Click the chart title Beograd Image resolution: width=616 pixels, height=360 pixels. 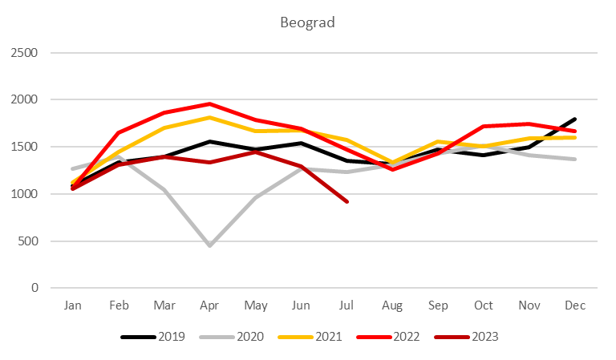click(x=307, y=22)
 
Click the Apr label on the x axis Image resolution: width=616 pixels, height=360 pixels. click(x=209, y=305)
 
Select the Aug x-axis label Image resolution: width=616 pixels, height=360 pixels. click(x=392, y=305)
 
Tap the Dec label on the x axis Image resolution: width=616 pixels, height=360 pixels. click(x=574, y=305)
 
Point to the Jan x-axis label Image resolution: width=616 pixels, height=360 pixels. click(x=72, y=305)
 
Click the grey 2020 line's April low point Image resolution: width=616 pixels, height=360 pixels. click(x=209, y=245)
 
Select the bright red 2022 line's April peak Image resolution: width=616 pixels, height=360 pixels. click(x=209, y=104)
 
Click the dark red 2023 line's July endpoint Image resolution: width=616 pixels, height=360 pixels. click(x=346, y=201)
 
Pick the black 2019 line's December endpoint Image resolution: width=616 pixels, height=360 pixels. click(x=574, y=119)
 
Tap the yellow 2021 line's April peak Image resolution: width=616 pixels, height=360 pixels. click(x=209, y=118)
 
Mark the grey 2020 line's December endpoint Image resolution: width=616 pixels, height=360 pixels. click(x=574, y=159)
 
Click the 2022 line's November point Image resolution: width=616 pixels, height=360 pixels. click(x=529, y=123)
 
